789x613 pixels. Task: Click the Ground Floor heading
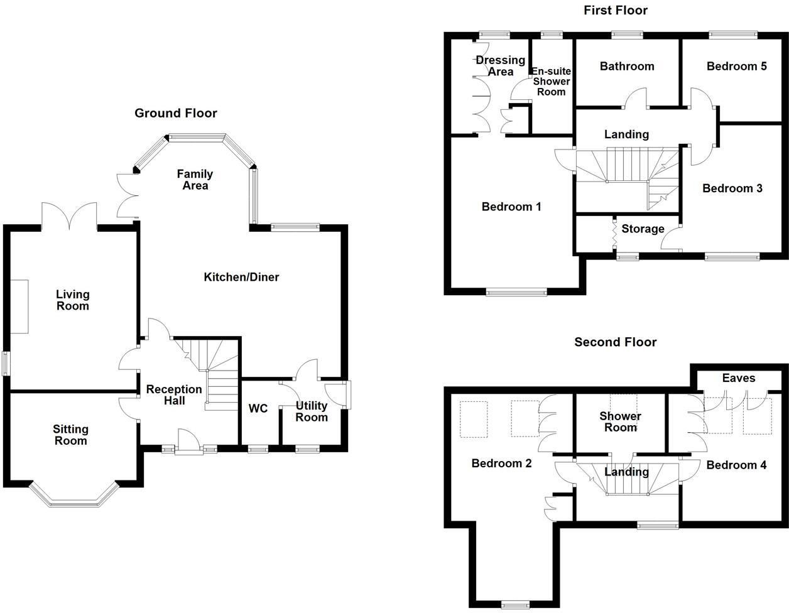point(176,113)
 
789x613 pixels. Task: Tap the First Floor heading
point(615,10)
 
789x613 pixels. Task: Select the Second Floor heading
point(615,342)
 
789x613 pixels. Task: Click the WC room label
point(258,409)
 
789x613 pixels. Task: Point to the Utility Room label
point(312,411)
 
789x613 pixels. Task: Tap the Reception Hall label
point(174,395)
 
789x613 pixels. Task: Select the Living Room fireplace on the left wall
point(19,306)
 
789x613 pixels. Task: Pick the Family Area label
point(195,180)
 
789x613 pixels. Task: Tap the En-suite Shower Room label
point(551,82)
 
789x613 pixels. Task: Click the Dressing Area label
point(500,65)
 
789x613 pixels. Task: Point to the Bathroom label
point(626,66)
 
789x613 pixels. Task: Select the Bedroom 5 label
point(736,66)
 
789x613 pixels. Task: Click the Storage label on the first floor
point(643,229)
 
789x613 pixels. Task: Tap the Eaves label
point(739,377)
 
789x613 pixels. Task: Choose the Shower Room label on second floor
point(620,421)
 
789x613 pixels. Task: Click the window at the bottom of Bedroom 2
point(516,604)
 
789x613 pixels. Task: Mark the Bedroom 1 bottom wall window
point(516,291)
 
